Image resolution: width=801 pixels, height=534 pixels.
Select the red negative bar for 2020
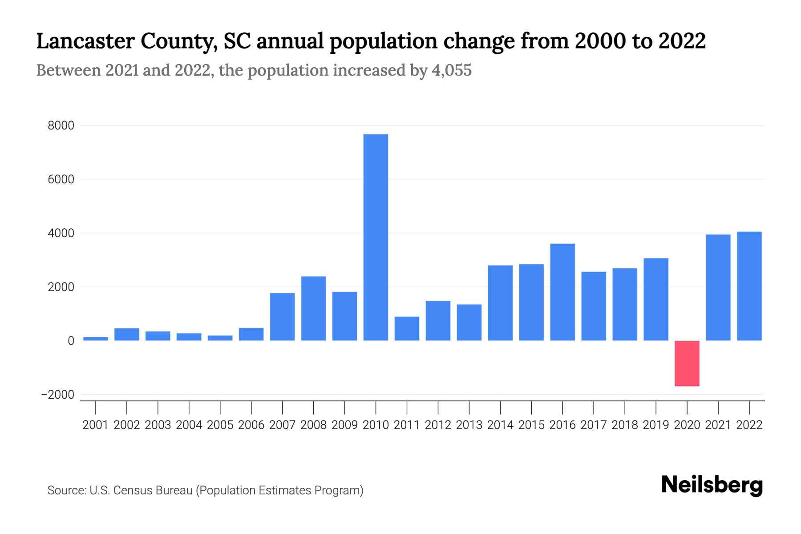(x=687, y=363)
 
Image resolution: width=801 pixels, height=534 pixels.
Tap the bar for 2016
(x=562, y=292)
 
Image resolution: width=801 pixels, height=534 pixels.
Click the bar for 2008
(x=313, y=308)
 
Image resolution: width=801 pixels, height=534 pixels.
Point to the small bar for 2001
(x=96, y=339)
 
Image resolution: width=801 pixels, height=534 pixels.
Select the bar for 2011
(x=407, y=328)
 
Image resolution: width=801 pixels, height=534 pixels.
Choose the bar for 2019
(x=655, y=299)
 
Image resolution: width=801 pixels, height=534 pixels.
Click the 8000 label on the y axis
(x=61, y=126)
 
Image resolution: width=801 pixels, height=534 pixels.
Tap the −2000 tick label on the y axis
(x=58, y=395)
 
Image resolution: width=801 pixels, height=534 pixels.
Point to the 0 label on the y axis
(x=71, y=341)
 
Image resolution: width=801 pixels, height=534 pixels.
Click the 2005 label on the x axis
(x=220, y=425)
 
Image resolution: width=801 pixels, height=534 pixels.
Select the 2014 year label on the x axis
(x=500, y=425)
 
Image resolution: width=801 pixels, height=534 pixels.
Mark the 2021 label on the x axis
(x=718, y=425)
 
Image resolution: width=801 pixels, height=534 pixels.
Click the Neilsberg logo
(x=712, y=485)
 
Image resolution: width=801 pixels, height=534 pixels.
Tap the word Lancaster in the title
(x=85, y=41)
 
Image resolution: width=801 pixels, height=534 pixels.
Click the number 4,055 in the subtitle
(x=451, y=70)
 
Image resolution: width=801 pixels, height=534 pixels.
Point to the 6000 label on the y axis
(x=61, y=180)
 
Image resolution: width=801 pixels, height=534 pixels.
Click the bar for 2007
(x=282, y=316)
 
